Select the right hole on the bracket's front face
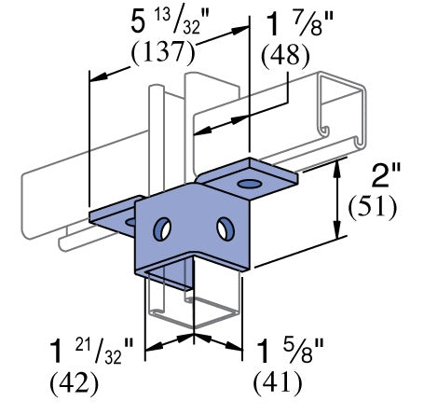tap(224, 227)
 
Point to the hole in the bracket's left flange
tap(128, 223)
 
